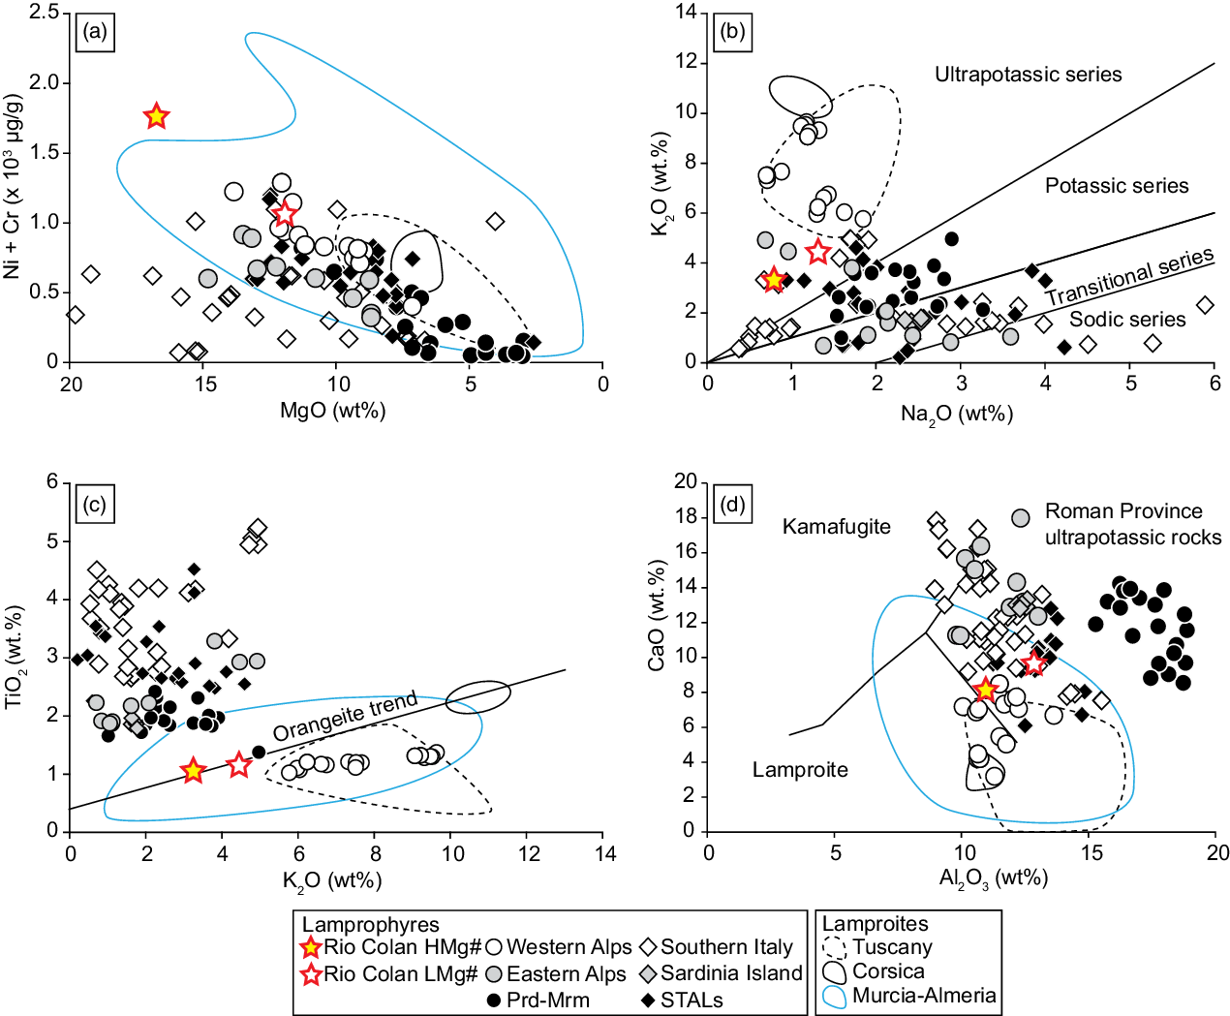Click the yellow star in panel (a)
point(156,115)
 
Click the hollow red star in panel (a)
point(285,213)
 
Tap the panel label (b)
point(733,32)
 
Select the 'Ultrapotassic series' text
point(1029,75)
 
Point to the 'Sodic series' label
point(1127,320)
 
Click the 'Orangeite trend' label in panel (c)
point(345,716)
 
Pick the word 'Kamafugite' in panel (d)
point(837,526)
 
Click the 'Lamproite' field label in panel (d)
point(800,769)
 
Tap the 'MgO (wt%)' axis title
point(333,410)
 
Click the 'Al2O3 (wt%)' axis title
point(993,878)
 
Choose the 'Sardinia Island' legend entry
point(721,973)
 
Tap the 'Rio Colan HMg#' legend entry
point(391,947)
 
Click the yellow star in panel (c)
point(194,770)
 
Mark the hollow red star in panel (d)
point(1034,663)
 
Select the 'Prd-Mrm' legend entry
point(538,1000)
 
